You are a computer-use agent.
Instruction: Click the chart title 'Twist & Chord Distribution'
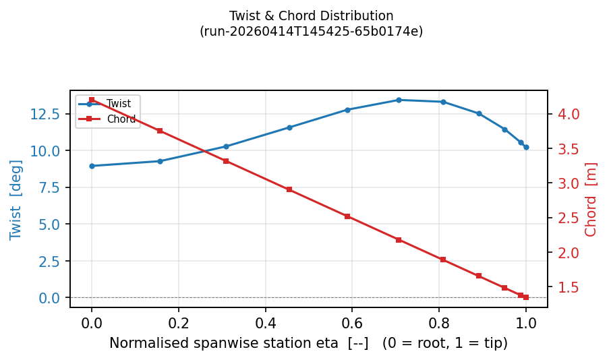pos(311,16)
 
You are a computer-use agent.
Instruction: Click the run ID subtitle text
pos(311,32)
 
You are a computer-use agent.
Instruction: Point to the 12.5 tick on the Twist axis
pos(47,114)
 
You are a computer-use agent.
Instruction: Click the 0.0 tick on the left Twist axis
pos(52,298)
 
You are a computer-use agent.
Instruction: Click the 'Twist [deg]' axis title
pos(16,200)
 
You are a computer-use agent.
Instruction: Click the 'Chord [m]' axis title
pos(591,200)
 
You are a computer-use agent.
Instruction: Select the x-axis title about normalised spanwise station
pos(308,343)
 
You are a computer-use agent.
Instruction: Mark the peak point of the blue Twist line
pos(399,100)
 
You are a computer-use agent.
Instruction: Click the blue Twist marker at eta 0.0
pos(92,166)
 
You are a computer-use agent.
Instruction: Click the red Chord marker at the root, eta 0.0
pos(92,100)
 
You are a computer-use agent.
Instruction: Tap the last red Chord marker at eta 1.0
pos(526,297)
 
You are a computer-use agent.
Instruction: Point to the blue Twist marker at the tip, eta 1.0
pos(526,147)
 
